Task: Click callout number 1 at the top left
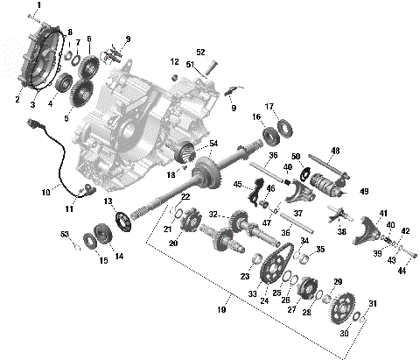click(x=38, y=5)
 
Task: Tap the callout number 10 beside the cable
click(x=46, y=192)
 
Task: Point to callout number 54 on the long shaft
click(x=214, y=143)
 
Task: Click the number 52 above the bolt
click(x=200, y=52)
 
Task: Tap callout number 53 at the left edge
click(x=65, y=234)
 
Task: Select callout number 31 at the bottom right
click(x=372, y=304)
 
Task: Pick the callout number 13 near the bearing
click(x=109, y=201)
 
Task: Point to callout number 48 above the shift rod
click(x=334, y=151)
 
